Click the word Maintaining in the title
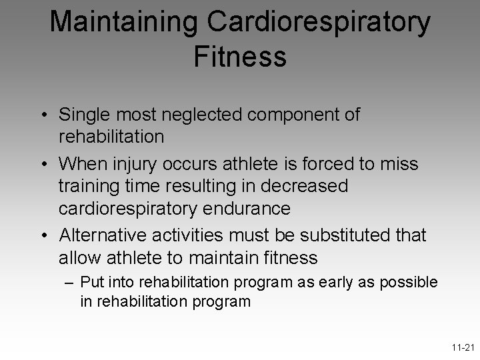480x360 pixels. click(123, 22)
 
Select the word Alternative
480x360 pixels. click(110, 236)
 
